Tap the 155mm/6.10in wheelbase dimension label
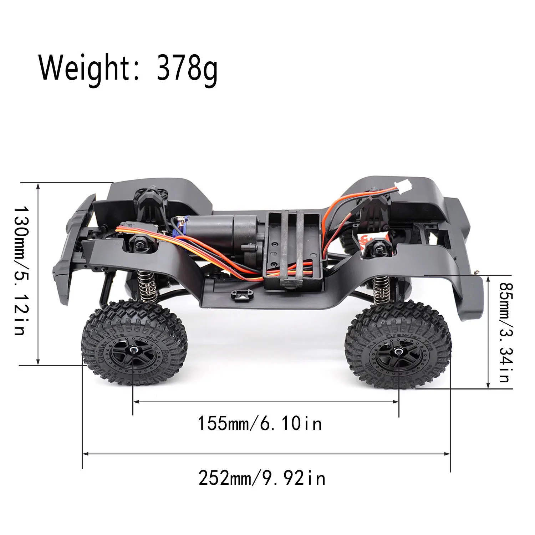260,424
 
